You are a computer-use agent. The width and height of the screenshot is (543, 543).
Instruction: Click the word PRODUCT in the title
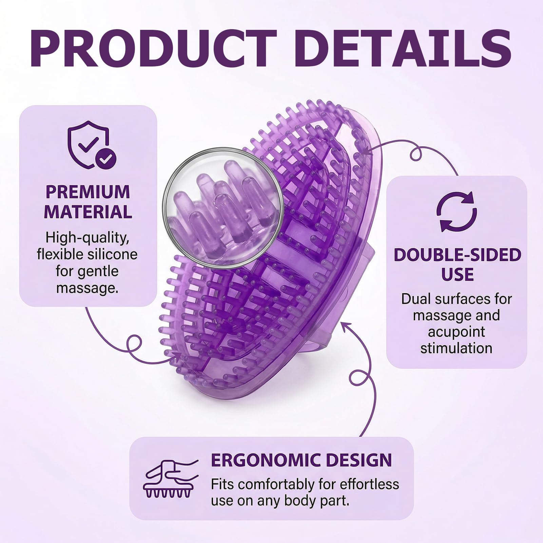(153, 48)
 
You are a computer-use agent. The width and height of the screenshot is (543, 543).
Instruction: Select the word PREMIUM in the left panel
(88, 192)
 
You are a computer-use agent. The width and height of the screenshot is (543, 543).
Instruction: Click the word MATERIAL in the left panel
(88, 212)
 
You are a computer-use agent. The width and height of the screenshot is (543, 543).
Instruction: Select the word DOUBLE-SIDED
(457, 255)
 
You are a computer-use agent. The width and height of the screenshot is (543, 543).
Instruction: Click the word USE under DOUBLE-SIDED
(457, 274)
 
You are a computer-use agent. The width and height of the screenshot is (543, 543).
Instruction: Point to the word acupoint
(457, 332)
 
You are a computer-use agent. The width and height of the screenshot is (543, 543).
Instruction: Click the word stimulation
(456, 348)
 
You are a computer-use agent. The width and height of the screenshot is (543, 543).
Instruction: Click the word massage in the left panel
(87, 288)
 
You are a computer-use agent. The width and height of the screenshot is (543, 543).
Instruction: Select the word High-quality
(88, 238)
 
